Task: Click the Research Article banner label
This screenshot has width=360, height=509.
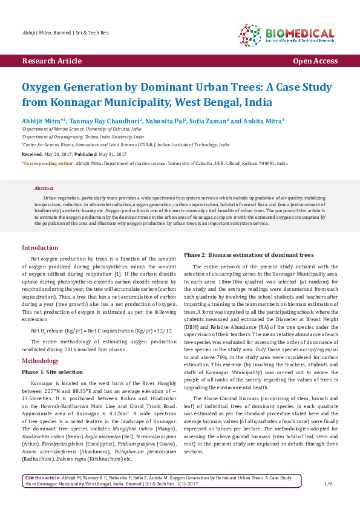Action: [51, 61]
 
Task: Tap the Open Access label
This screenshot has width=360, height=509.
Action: [315, 61]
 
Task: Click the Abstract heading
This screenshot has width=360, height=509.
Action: [44, 188]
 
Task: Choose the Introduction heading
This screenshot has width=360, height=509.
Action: [40, 248]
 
